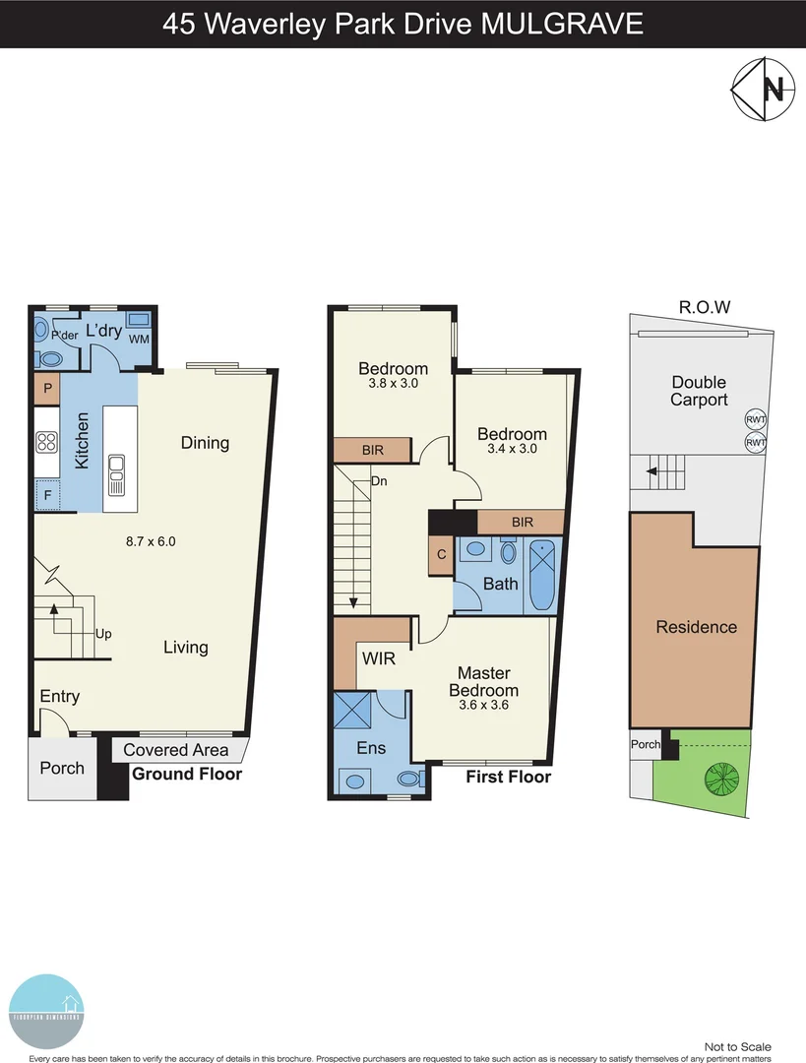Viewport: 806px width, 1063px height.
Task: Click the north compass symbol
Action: tap(762, 90)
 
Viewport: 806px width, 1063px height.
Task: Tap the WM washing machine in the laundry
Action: tap(139, 339)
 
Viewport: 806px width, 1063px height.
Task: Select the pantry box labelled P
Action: tap(46, 389)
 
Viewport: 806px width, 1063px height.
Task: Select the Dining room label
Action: tap(205, 443)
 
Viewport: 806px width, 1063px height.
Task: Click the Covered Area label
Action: tap(176, 750)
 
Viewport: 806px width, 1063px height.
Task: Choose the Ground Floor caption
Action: tap(187, 775)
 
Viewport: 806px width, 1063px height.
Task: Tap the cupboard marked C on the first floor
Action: tap(441, 554)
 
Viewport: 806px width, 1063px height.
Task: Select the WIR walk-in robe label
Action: tap(378, 658)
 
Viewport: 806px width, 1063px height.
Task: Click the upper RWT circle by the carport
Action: tap(756, 420)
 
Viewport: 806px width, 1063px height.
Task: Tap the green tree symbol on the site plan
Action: tap(720, 779)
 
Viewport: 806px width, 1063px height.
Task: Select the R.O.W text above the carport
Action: tap(705, 306)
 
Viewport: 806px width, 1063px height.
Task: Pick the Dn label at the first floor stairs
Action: tap(379, 482)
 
